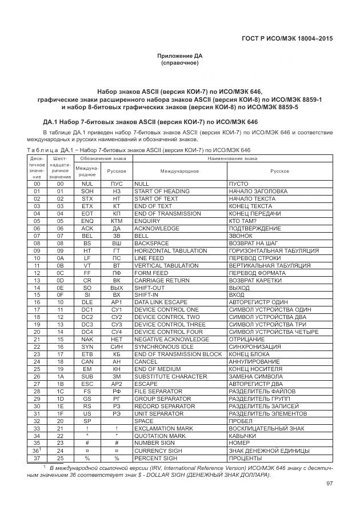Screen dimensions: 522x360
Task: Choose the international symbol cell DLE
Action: (x=87, y=302)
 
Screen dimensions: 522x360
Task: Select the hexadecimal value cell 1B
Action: (x=60, y=384)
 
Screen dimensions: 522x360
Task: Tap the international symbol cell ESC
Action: (x=87, y=384)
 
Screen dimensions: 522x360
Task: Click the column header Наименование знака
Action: (x=231, y=158)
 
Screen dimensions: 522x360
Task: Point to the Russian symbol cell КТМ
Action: (x=117, y=221)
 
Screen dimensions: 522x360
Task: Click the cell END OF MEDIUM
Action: (x=157, y=369)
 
